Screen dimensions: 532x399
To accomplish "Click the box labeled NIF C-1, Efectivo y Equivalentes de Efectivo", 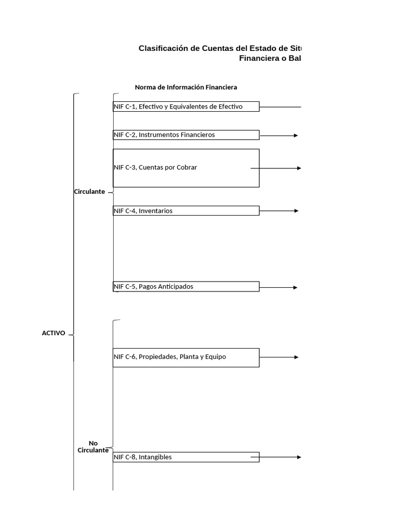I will [x=185, y=107].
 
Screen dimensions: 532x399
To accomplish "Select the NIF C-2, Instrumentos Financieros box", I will [x=185, y=135].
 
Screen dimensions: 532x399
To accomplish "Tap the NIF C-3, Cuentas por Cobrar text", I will [x=155, y=167].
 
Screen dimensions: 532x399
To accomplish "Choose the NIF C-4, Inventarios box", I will [x=185, y=211].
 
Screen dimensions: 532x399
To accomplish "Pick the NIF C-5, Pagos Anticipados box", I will [x=185, y=287].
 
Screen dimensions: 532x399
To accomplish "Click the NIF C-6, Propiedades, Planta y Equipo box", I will [x=185, y=357].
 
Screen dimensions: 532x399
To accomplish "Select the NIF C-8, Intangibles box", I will [x=185, y=457].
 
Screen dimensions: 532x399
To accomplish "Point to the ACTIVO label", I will [x=54, y=334].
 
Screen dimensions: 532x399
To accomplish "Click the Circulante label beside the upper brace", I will [x=89, y=192].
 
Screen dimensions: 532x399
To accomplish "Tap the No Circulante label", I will [x=93, y=447].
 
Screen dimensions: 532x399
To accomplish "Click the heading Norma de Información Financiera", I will [x=186, y=87].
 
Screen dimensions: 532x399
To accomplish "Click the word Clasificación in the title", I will [x=162, y=48].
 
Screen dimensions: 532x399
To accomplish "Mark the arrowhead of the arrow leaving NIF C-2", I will [x=296, y=136].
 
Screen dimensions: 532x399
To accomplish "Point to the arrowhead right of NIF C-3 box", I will [x=299, y=168].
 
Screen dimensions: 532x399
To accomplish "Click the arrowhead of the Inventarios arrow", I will [x=296, y=211].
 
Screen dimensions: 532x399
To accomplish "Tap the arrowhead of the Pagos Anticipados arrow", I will [x=296, y=287].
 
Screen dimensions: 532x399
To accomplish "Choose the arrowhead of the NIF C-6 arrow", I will [x=296, y=357].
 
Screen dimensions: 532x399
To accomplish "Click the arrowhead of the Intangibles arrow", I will [x=299, y=457].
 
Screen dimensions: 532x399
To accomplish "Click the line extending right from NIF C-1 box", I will [x=281, y=107].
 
